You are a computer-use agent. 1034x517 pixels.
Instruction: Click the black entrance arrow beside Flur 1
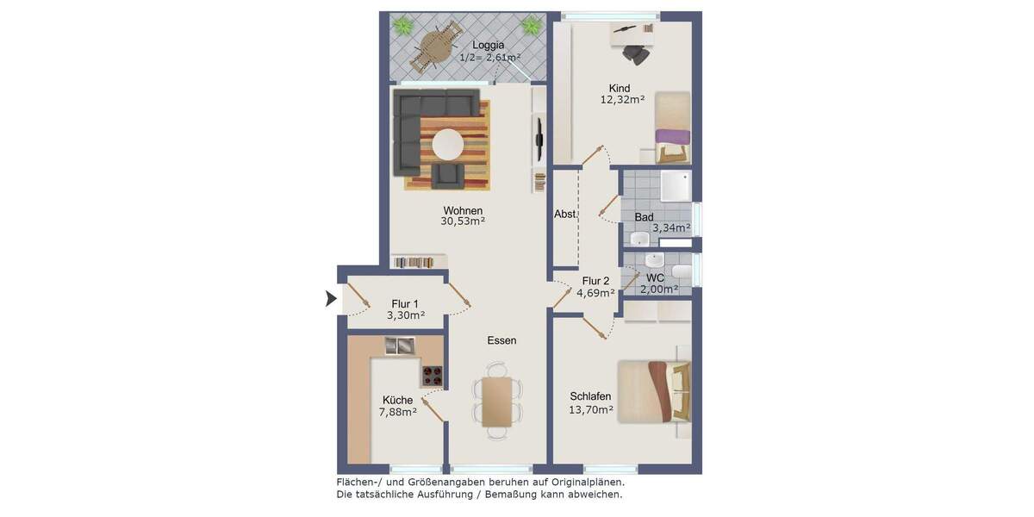(x=331, y=299)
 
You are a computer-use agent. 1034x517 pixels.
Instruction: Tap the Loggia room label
(x=489, y=45)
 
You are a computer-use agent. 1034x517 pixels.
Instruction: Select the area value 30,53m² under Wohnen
(x=463, y=221)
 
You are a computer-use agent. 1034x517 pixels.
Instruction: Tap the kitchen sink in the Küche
(x=400, y=345)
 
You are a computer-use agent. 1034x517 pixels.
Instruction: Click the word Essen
(x=501, y=340)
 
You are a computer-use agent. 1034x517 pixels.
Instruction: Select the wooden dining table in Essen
(x=497, y=402)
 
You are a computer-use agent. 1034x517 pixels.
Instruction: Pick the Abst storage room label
(x=565, y=215)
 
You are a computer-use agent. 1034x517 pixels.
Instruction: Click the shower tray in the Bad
(x=675, y=185)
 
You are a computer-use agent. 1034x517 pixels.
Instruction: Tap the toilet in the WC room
(x=682, y=273)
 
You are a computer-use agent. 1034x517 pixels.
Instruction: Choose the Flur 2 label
(x=595, y=281)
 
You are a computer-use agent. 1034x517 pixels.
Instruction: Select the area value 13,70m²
(x=591, y=410)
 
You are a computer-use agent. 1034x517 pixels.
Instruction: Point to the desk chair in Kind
(x=638, y=53)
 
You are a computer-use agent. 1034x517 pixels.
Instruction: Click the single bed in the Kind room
(x=672, y=128)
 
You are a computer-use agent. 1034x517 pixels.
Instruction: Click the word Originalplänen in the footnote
(x=582, y=483)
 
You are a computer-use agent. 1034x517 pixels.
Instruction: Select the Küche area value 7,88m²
(x=397, y=413)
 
